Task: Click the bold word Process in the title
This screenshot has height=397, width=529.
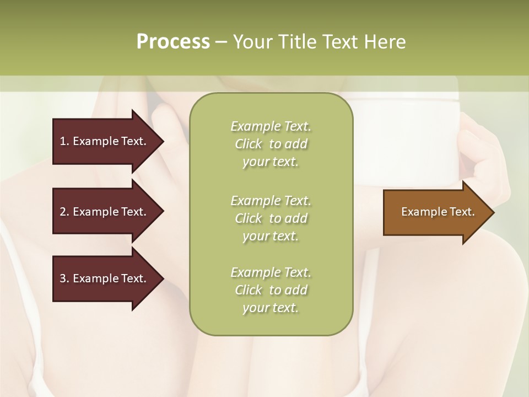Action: click(173, 42)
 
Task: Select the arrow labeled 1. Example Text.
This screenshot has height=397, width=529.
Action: click(105, 141)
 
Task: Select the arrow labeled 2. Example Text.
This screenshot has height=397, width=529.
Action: click(105, 212)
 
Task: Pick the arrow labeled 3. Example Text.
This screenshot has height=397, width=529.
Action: click(105, 278)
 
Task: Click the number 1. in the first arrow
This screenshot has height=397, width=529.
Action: click(64, 141)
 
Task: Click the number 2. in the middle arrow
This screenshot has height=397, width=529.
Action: click(64, 212)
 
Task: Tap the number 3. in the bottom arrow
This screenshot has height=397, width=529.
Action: click(64, 278)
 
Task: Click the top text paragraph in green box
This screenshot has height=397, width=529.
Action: click(271, 144)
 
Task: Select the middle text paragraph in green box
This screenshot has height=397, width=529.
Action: click(271, 218)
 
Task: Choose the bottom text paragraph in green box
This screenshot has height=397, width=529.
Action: click(271, 290)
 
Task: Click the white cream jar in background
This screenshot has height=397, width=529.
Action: click(406, 138)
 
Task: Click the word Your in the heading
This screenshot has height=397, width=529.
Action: click(255, 42)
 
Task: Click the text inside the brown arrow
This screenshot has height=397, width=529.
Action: click(438, 212)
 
